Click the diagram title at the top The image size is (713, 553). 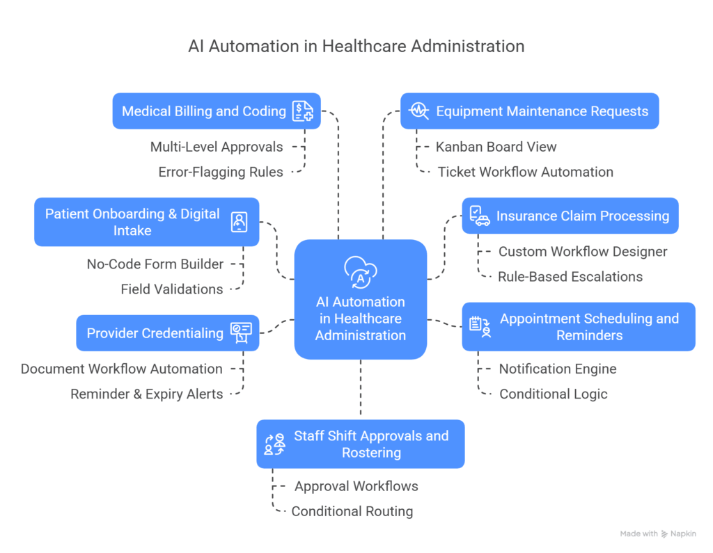pos(356,47)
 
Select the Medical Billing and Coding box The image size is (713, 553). pos(216,111)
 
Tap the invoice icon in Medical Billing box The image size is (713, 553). pos(303,111)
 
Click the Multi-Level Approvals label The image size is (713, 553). pos(217,147)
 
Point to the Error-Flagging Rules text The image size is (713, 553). pos(221,172)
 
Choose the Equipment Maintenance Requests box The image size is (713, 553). pos(529,111)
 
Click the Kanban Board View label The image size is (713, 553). pos(496,147)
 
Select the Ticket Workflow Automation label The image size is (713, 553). pos(525,172)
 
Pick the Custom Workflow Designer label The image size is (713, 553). pos(583,252)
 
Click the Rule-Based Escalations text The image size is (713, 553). pos(570,277)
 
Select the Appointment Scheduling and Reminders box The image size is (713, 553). pos(579,327)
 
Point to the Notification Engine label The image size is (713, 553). pos(558,369)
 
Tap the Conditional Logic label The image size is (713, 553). pos(554,394)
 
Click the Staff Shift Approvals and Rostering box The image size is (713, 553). pos(360,444)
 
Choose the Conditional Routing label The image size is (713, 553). pos(352,511)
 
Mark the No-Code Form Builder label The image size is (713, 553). pos(155,264)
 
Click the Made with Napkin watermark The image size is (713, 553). pos(659,534)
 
